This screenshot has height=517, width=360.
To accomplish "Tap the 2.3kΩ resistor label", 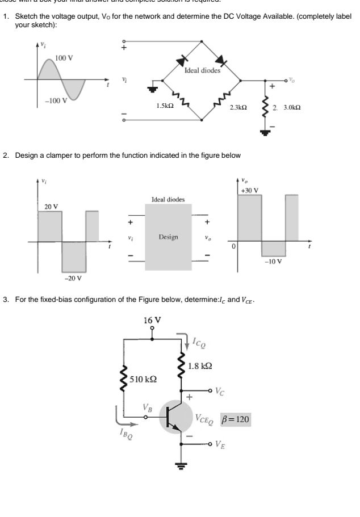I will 237,107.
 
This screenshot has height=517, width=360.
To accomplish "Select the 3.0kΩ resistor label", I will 290,107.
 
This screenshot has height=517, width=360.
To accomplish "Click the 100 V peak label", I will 64,58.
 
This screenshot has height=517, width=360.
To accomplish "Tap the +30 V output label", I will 249,190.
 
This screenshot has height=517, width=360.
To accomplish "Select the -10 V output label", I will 274,262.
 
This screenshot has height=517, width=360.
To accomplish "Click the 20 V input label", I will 51,206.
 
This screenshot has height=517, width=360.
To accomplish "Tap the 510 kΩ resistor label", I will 144,379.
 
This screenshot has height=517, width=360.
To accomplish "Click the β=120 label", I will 235,419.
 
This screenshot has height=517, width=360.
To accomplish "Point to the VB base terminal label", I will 148,407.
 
